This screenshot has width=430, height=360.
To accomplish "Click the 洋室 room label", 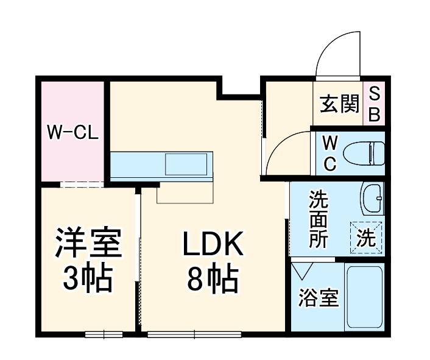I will (x=89, y=243).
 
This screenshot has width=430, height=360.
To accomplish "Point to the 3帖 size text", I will (x=89, y=278).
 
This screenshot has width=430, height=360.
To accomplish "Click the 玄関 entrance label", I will (x=339, y=105).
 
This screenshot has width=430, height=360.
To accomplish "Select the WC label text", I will (x=330, y=153).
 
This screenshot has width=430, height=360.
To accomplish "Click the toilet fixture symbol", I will (x=364, y=153).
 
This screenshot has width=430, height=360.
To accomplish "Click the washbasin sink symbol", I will (x=372, y=197).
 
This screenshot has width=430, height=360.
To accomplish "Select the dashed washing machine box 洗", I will (x=366, y=238).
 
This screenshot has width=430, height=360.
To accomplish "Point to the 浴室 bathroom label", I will (x=318, y=299).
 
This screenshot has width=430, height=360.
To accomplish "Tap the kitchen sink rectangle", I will (x=188, y=164).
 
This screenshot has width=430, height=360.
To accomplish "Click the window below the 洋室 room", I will (x=104, y=333).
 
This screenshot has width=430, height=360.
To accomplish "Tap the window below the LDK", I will (x=194, y=333).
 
